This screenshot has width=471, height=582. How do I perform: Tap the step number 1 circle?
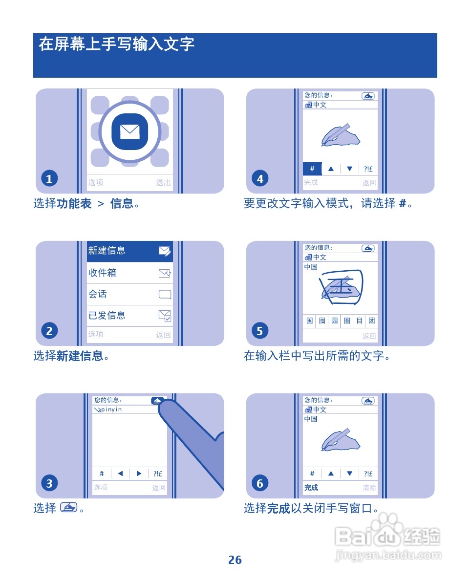(49, 179)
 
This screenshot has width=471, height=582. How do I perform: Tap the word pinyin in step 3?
(111, 410)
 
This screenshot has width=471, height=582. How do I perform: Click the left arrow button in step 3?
(120, 474)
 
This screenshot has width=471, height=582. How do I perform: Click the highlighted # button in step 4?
(312, 169)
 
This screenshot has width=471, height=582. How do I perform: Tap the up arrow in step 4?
(331, 169)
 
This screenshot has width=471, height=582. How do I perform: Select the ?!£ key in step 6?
(368, 474)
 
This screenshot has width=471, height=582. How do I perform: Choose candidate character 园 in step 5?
(335, 321)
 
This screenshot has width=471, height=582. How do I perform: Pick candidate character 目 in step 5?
(360, 321)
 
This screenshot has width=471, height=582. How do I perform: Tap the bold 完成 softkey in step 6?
(311, 488)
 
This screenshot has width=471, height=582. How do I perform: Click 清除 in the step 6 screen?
(369, 488)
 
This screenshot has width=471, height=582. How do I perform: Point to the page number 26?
(235, 560)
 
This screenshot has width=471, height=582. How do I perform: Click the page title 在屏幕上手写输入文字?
(117, 44)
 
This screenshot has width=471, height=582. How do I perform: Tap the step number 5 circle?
(259, 331)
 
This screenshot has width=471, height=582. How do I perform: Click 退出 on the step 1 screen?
(163, 183)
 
